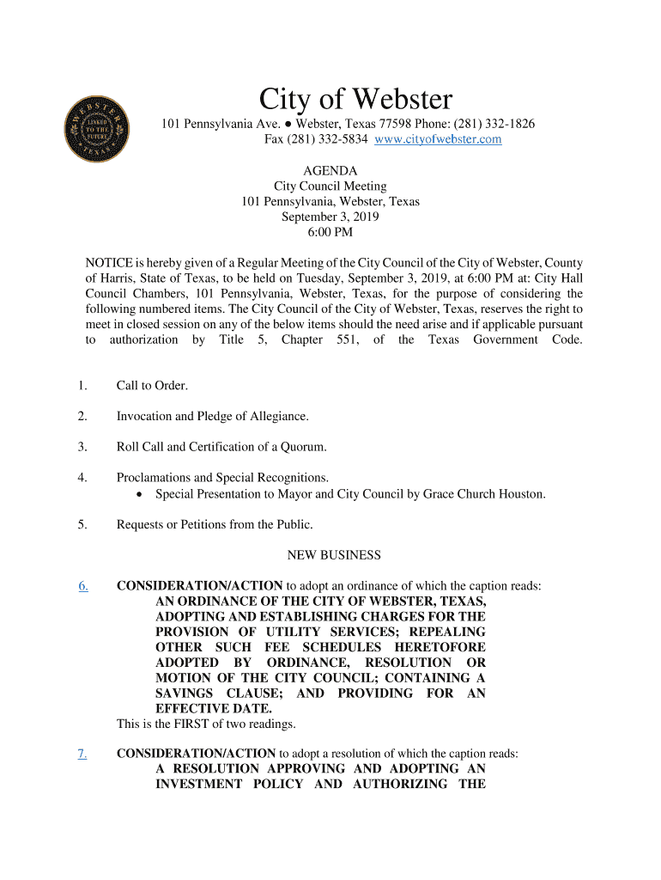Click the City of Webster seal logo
[x=96, y=129]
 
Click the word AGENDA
[x=330, y=171]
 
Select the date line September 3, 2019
[x=330, y=217]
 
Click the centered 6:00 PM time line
[x=330, y=233]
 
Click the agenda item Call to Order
[x=152, y=386]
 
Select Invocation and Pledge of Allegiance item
[x=212, y=417]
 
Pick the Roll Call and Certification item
[x=221, y=447]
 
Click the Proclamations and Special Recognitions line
[x=222, y=478]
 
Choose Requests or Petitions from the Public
[x=215, y=524]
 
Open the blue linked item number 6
[x=83, y=586]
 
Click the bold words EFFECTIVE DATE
[x=214, y=709]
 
